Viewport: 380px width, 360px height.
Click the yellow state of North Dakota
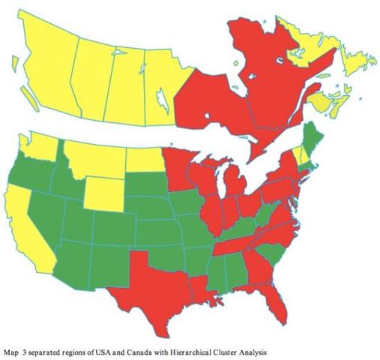[143, 159]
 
